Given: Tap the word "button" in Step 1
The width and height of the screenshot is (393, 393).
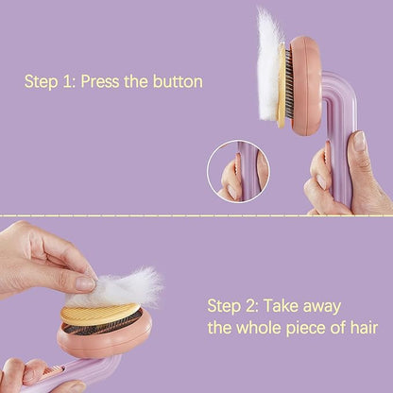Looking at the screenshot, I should (x=176, y=81).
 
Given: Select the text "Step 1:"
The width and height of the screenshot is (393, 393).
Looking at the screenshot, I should (x=50, y=81).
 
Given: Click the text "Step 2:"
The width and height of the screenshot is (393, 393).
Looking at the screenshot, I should (x=232, y=305).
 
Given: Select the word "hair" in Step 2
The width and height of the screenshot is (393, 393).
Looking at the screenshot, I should (x=361, y=329).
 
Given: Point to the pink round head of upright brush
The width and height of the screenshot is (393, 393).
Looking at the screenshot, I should (x=304, y=86).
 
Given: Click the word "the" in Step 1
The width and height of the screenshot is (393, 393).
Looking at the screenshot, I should (x=136, y=81).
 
